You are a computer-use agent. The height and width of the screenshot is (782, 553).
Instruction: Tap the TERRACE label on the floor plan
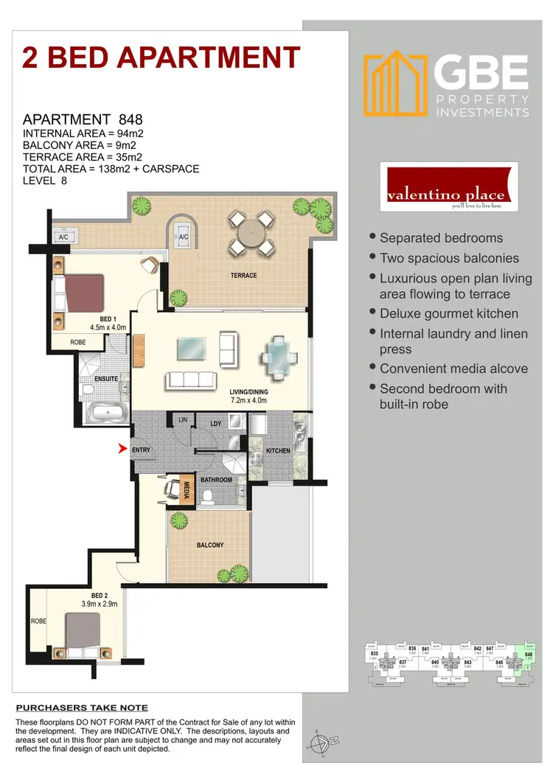pyautogui.click(x=243, y=276)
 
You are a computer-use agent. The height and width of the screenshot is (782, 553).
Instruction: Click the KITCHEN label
pyautogui.click(x=278, y=450)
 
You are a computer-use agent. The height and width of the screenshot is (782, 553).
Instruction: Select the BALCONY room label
pyautogui.click(x=210, y=545)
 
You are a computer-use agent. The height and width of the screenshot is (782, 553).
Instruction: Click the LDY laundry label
pyautogui.click(x=215, y=424)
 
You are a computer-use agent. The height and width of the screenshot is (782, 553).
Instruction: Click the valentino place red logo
pyautogui.click(x=448, y=187)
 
